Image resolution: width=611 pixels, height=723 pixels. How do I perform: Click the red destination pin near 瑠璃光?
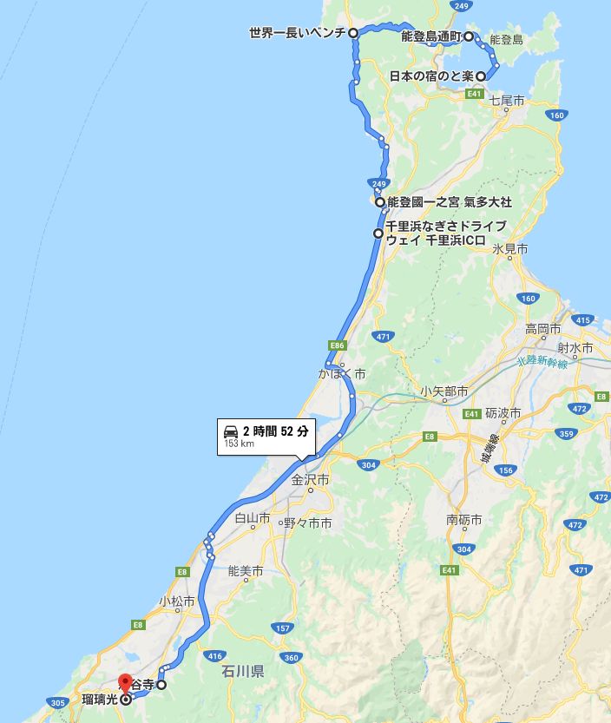[125, 684]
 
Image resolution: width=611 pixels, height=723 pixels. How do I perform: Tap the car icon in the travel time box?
[231, 431]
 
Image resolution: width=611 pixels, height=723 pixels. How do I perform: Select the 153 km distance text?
[240, 444]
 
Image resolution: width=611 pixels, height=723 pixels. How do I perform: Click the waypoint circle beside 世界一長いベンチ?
[354, 33]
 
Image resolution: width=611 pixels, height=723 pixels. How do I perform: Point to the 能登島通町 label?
[431, 37]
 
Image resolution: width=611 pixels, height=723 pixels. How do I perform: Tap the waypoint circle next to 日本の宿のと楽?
[480, 76]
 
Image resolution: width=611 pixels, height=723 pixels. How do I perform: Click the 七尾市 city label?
[508, 102]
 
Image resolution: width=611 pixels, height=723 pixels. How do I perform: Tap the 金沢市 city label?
[310, 479]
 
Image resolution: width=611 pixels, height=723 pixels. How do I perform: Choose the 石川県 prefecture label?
[242, 671]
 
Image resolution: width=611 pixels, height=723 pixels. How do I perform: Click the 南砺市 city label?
[464, 520]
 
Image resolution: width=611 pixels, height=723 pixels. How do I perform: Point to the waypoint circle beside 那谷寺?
[161, 684]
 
